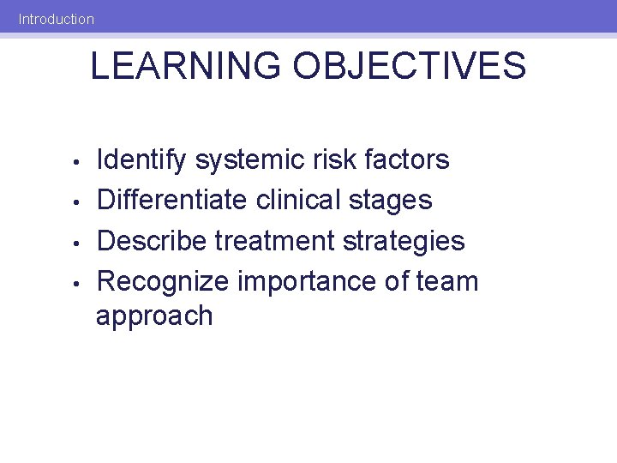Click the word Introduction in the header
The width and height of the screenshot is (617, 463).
click(57, 18)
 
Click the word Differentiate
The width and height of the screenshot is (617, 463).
click(173, 200)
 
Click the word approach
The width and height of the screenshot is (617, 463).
click(154, 317)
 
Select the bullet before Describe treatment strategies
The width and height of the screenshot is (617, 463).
click(76, 243)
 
